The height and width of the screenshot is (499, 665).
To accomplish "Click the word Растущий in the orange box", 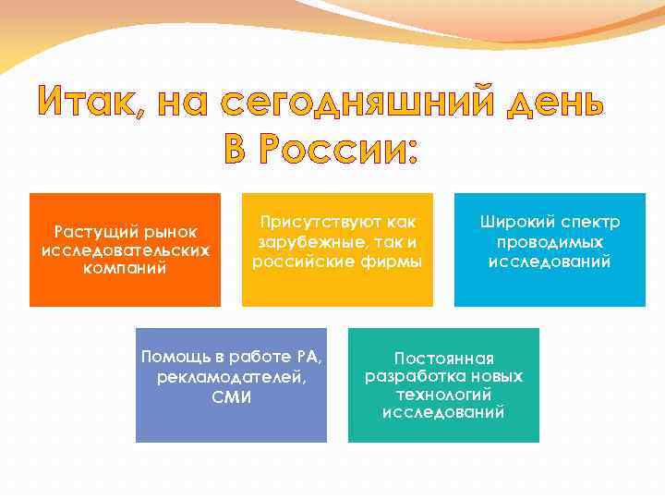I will pyautogui.click(x=92, y=231).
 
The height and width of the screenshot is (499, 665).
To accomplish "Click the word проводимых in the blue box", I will pyautogui.click(x=550, y=242).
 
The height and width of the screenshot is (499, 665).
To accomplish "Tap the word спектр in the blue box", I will pyautogui.click(x=589, y=223).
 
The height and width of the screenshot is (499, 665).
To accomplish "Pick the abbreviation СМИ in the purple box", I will pyautogui.click(x=231, y=398).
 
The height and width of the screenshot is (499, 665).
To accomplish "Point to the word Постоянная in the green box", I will pyautogui.click(x=444, y=359).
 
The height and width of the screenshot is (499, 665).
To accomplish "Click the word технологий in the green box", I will pyautogui.click(x=444, y=396).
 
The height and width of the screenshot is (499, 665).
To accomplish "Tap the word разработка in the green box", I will pyautogui.click(x=407, y=377).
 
